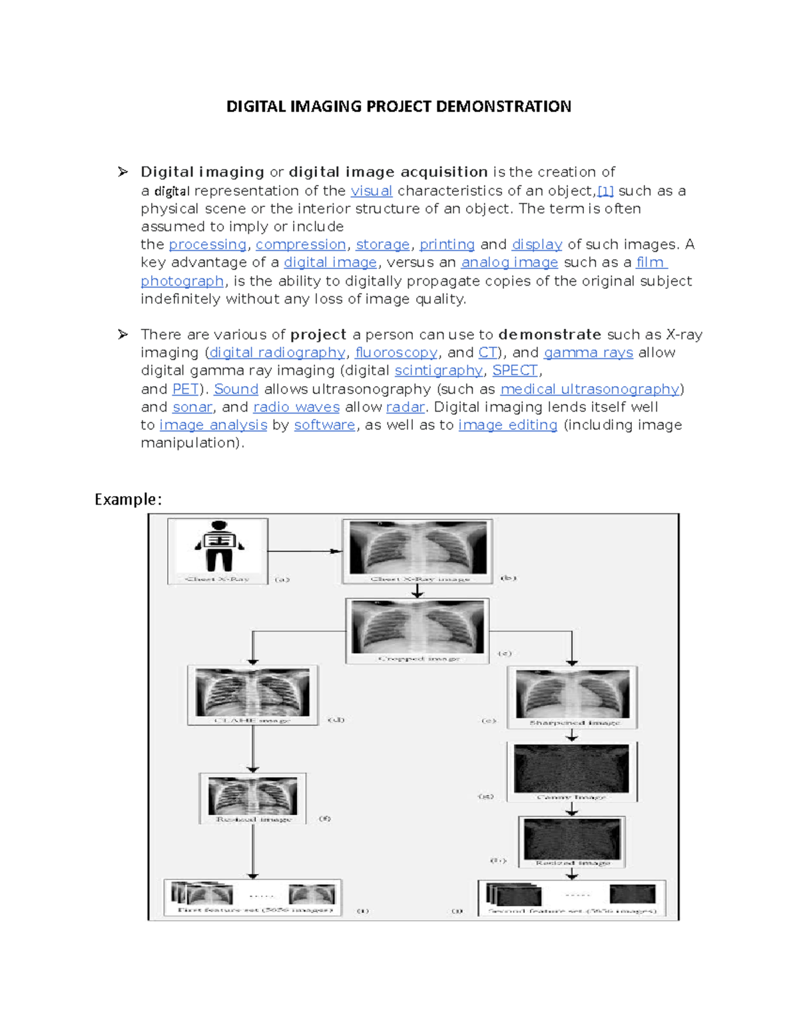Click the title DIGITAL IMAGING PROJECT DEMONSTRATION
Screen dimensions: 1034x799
click(x=398, y=107)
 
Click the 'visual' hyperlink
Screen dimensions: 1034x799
click(x=371, y=191)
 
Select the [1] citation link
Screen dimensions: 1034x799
click(x=605, y=191)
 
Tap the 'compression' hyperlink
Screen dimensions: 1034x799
click(x=300, y=245)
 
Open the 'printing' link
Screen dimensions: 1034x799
click(x=447, y=245)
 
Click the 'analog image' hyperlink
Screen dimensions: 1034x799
click(x=509, y=263)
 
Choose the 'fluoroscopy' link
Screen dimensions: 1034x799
click(x=396, y=353)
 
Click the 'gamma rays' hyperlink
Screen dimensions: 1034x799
click(x=588, y=353)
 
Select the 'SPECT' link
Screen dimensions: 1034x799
click(x=515, y=371)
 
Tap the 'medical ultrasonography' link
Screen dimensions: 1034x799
click(x=589, y=389)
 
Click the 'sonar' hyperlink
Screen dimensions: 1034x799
click(x=192, y=407)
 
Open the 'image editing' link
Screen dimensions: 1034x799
click(x=507, y=425)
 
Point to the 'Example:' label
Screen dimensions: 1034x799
click(x=128, y=499)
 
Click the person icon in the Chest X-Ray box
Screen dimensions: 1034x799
click(x=218, y=546)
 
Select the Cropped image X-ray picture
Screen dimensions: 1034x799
click(x=417, y=626)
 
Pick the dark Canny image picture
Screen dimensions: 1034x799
click(x=571, y=769)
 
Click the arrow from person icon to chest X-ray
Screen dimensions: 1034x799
click(x=305, y=551)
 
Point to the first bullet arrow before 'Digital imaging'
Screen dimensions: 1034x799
click(x=123, y=172)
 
